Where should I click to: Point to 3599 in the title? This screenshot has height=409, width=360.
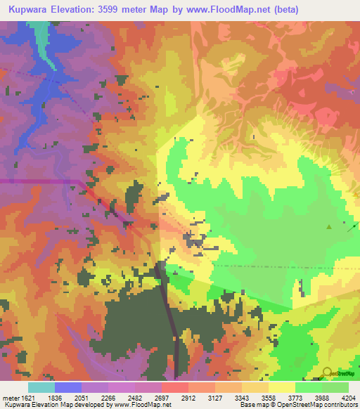(126, 10)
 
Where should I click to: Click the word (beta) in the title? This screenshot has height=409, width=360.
(285, 10)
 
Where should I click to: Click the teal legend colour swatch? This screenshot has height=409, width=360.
(41, 387)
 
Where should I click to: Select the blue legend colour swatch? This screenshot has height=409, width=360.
(67, 387)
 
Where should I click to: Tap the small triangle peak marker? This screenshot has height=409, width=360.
(329, 226)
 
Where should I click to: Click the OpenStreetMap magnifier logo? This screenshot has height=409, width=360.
(328, 372)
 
